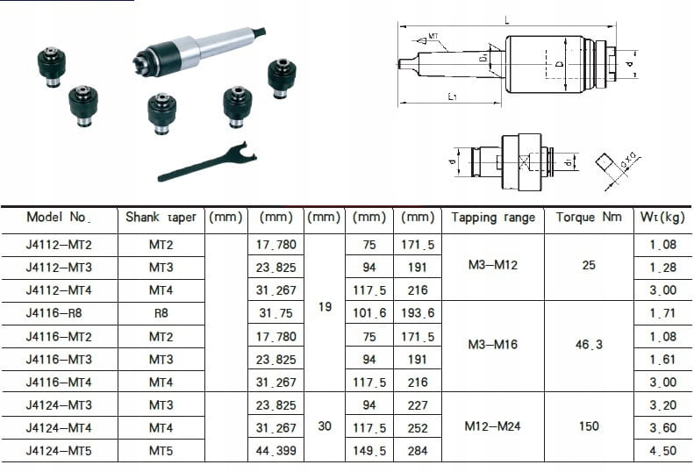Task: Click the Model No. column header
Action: (59, 218)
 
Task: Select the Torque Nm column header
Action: (589, 217)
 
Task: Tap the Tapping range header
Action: (493, 218)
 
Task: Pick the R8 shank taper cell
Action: (161, 313)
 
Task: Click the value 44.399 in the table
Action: (275, 451)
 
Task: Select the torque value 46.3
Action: (589, 345)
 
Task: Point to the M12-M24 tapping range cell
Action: (492, 426)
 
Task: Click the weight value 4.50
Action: (663, 451)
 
